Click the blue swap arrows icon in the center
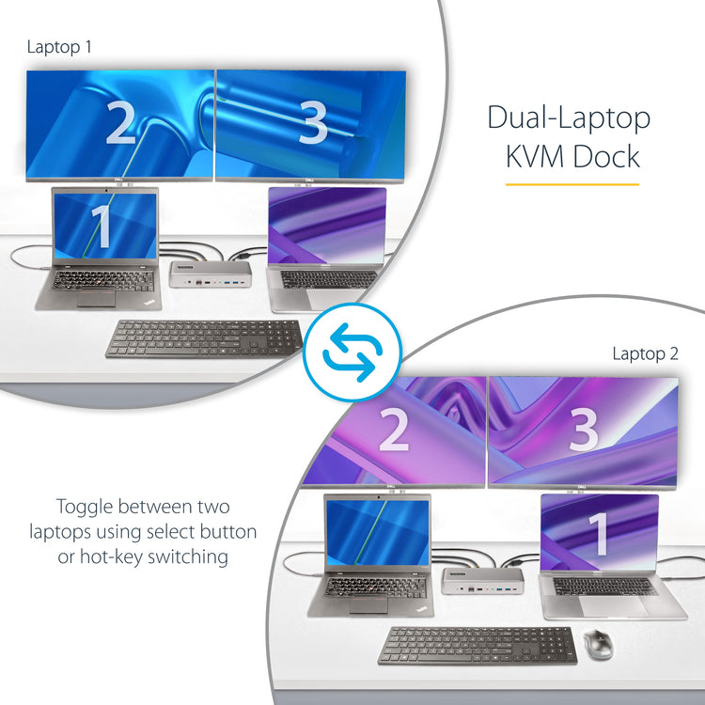(x=352, y=352)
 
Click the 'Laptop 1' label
(x=61, y=46)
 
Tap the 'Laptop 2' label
(x=645, y=353)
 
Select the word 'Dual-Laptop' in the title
(x=569, y=118)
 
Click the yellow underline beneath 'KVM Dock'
(x=572, y=184)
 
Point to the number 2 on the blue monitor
(x=120, y=123)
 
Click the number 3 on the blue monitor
(x=312, y=123)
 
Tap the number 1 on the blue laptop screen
(x=102, y=227)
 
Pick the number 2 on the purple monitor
(x=394, y=431)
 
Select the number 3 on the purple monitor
(x=584, y=431)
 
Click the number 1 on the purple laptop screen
(x=599, y=534)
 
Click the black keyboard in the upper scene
(x=204, y=338)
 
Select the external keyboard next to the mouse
(x=478, y=645)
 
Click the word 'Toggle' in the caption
(x=86, y=507)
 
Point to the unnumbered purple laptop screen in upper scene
(x=326, y=227)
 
